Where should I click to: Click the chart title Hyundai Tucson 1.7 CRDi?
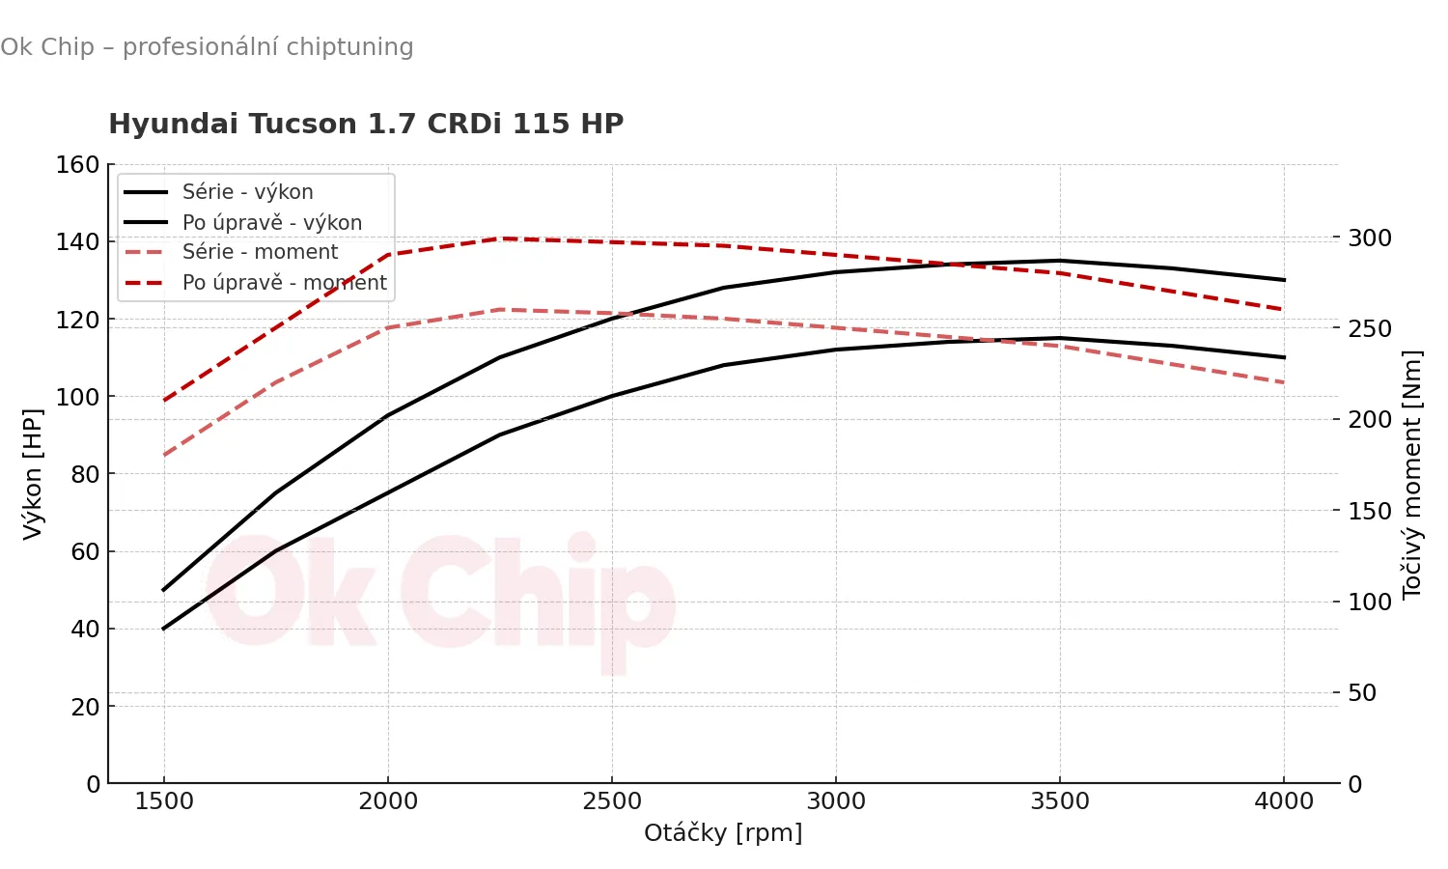tap(366, 124)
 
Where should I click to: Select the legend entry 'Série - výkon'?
tap(247, 192)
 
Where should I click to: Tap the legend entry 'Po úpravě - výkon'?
tap(271, 223)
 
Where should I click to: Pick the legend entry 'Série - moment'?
tap(260, 252)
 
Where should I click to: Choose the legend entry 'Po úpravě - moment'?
tap(284, 283)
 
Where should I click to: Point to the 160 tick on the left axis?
tap(78, 165)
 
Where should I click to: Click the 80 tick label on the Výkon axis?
tap(85, 474)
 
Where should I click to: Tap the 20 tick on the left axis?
tap(85, 707)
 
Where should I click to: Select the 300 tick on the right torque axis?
tap(1369, 238)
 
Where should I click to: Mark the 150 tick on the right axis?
tap(1369, 511)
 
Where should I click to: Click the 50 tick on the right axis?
tap(1361, 693)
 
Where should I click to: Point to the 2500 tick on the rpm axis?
tap(612, 801)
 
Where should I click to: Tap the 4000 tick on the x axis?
tap(1284, 801)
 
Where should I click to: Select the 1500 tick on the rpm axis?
tap(164, 801)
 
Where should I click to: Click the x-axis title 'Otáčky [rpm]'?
tap(723, 832)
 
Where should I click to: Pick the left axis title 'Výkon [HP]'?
tap(33, 473)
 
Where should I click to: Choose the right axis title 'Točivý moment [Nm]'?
tap(1412, 473)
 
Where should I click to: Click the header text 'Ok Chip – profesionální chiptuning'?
tap(207, 47)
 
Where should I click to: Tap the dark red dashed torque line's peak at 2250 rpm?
tap(500, 238)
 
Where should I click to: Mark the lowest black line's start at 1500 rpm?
tap(164, 629)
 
